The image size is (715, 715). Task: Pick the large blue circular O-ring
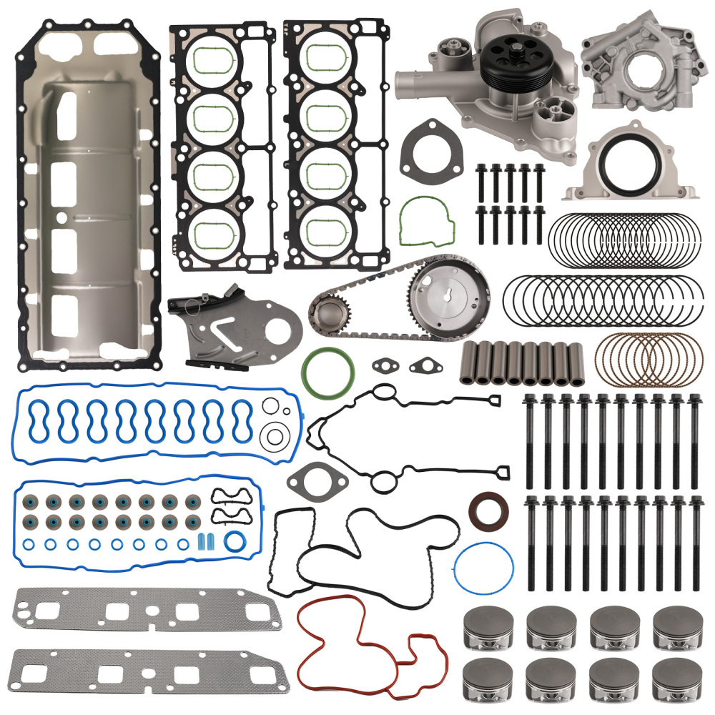tap(483, 573)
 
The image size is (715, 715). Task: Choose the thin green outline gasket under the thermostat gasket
tap(427, 220)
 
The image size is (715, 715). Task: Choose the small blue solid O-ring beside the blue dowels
tap(233, 539)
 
